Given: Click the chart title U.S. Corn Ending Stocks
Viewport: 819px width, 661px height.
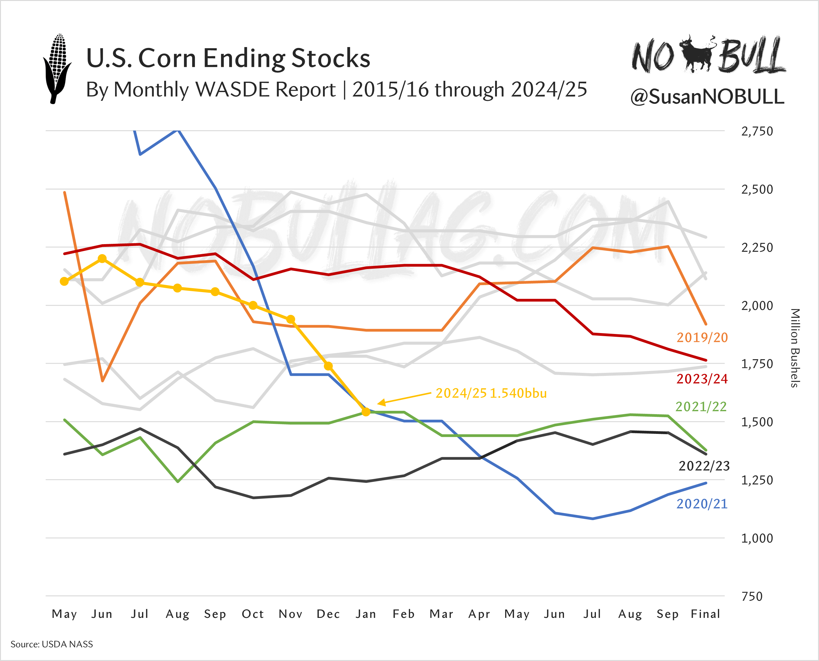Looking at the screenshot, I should pyautogui.click(x=228, y=58).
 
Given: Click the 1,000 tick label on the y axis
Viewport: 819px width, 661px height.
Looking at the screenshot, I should pyautogui.click(x=756, y=538).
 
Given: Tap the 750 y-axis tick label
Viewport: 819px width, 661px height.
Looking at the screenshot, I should pyautogui.click(x=752, y=597).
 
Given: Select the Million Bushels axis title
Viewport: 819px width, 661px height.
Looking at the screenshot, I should pyautogui.click(x=795, y=348).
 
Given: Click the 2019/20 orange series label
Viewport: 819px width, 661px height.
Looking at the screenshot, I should pyautogui.click(x=702, y=338).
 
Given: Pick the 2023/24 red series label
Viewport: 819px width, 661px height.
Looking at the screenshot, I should pyautogui.click(x=702, y=379).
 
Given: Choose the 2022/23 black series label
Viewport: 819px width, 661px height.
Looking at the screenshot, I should pyautogui.click(x=704, y=466).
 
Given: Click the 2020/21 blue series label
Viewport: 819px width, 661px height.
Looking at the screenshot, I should pyautogui.click(x=702, y=504).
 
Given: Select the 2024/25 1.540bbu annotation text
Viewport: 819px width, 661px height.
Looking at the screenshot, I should pyautogui.click(x=491, y=393).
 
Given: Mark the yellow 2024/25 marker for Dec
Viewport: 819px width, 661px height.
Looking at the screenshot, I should pyautogui.click(x=328, y=366).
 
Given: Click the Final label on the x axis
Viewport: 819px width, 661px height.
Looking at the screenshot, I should pyautogui.click(x=705, y=614).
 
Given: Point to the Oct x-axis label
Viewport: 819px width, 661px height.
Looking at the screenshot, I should pyautogui.click(x=253, y=614).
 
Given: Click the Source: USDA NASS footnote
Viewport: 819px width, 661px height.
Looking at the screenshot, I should pyautogui.click(x=52, y=644).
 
